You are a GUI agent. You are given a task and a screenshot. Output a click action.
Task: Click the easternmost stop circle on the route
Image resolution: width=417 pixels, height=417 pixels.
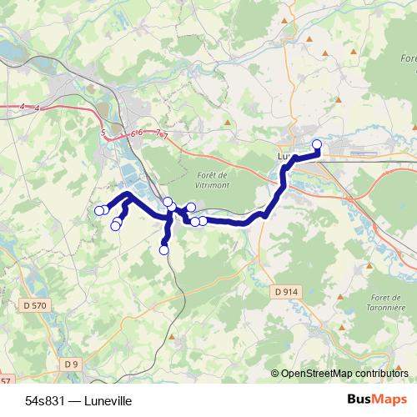point(317,144)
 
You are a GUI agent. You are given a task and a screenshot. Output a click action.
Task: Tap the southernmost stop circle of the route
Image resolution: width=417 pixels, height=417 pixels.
point(163,249)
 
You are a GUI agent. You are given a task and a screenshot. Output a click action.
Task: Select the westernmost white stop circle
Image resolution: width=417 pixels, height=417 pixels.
point(98,210)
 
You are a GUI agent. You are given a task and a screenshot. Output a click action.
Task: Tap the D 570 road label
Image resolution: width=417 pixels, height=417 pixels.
point(35,306)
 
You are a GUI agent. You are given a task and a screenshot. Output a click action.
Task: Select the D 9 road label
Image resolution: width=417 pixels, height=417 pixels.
point(72,364)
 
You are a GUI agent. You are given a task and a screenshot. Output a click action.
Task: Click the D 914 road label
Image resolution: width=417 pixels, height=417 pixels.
point(285,291)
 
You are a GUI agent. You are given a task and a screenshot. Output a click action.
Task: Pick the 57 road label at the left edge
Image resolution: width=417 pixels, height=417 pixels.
point(7,381)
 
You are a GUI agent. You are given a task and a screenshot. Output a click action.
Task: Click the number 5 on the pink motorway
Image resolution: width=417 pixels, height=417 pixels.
point(102,133)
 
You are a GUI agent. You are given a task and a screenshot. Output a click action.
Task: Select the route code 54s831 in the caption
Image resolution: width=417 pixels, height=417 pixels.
point(42,400)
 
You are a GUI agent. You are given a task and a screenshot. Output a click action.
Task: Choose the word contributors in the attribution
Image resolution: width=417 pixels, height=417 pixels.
point(383,374)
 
